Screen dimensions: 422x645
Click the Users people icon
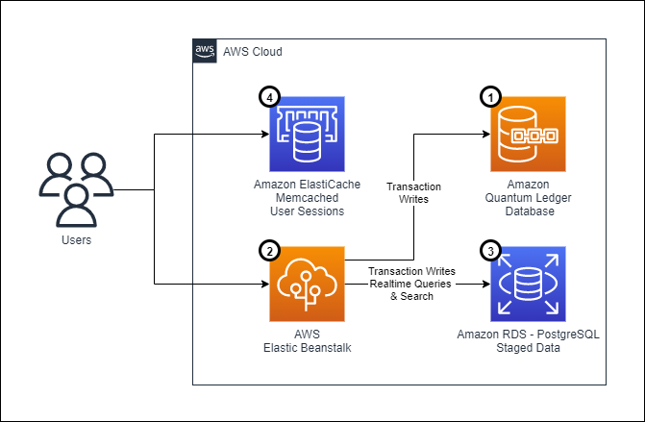75,186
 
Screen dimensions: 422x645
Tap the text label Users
75,239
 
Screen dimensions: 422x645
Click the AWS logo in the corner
205,50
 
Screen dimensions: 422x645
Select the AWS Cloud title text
253,50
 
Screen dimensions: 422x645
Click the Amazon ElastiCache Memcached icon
306,134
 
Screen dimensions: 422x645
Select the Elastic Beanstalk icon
306,284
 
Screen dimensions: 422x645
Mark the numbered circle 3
491,250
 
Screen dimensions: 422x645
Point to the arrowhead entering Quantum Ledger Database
484,134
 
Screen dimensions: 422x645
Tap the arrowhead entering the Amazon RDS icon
484,285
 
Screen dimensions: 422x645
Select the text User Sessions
306,211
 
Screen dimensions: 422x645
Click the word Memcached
306,198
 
